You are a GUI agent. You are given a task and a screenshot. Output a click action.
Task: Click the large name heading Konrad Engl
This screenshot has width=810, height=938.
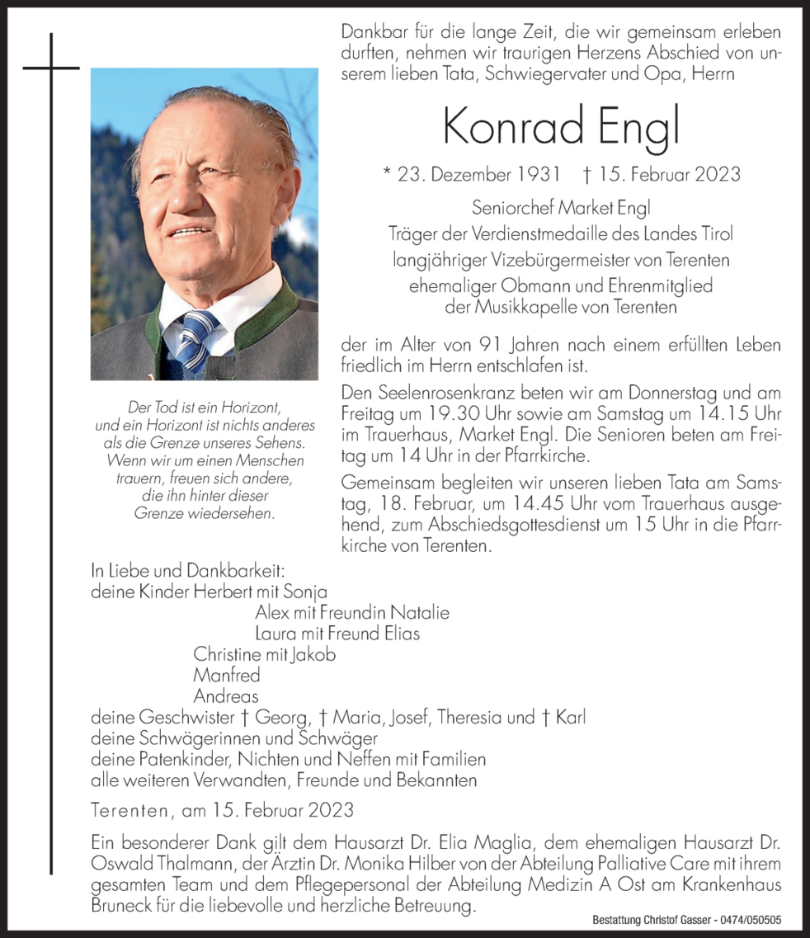tap(560, 126)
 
